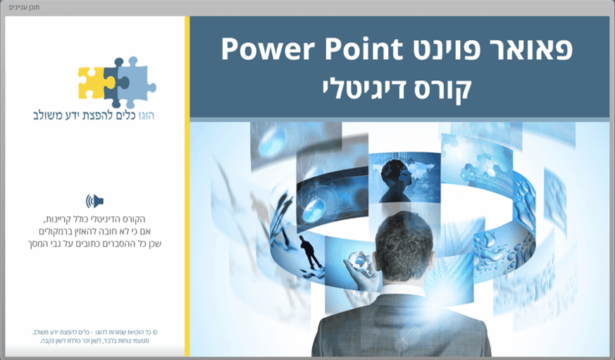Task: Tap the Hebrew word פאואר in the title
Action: tap(521, 50)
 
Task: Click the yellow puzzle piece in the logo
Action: tap(92, 82)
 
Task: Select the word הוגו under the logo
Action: tap(144, 115)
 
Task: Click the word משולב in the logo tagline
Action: tap(49, 115)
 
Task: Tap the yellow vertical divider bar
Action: tap(187, 187)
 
